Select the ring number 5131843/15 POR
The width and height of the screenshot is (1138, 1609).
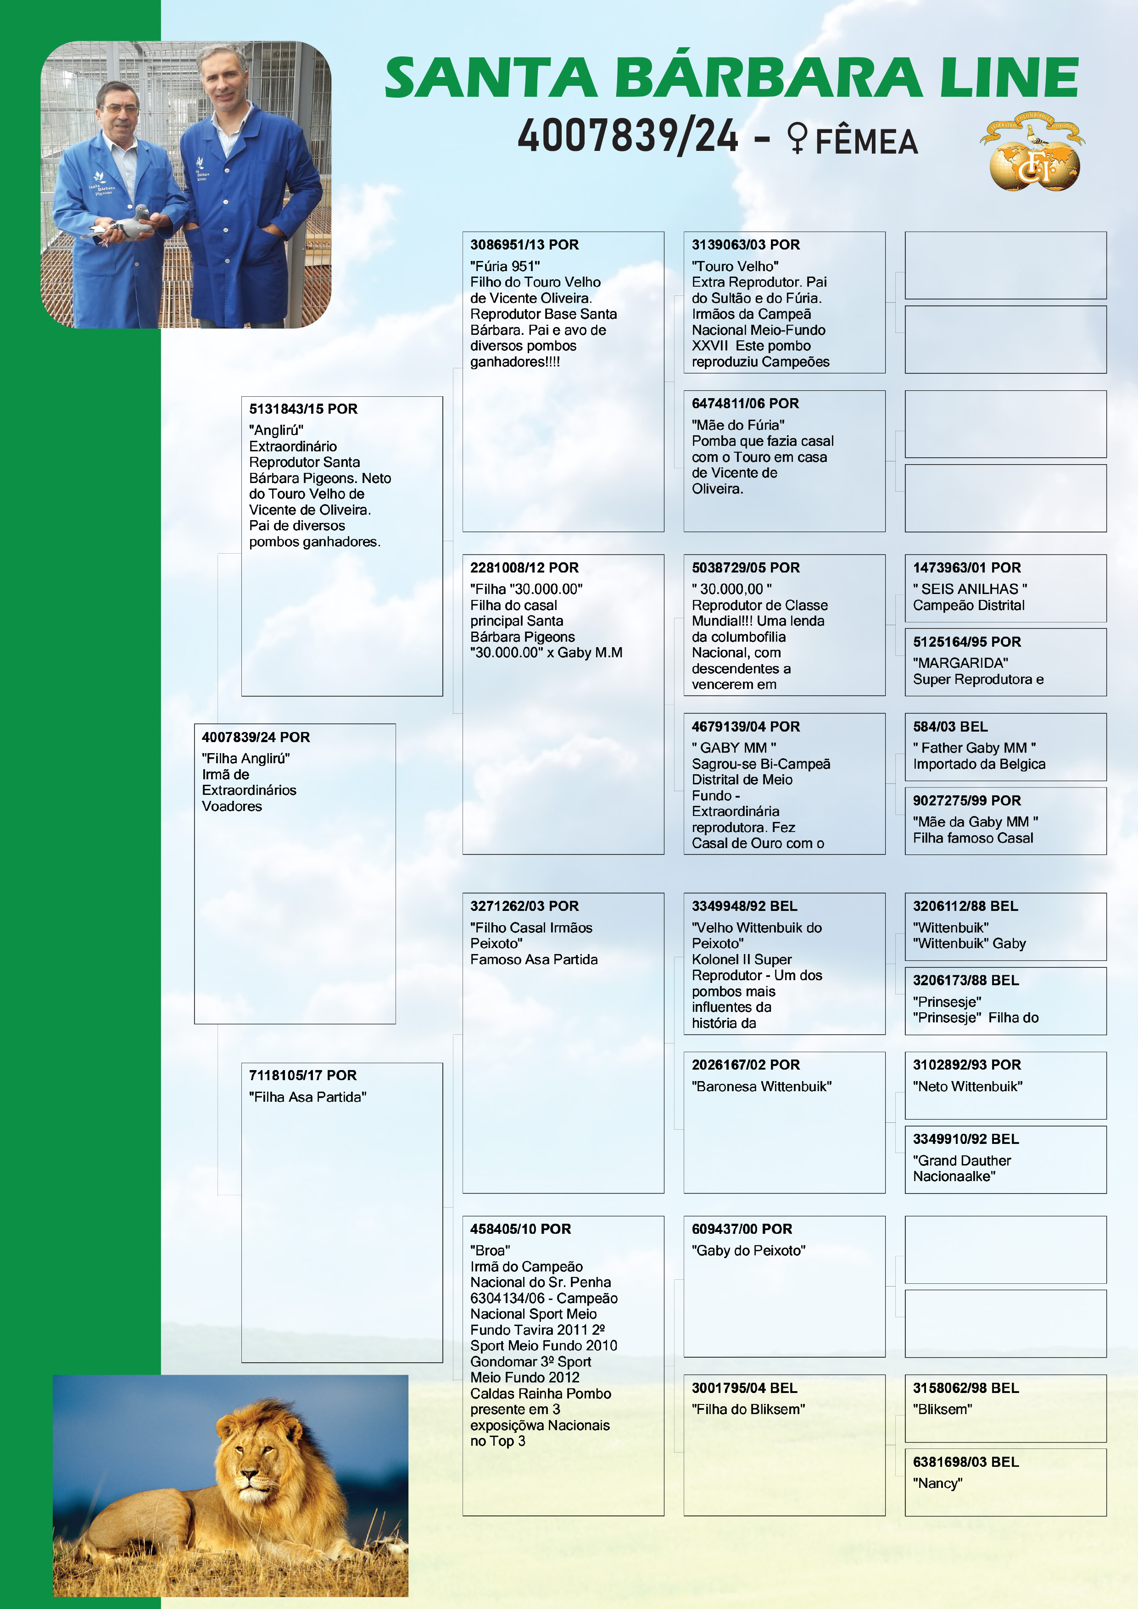tap(303, 409)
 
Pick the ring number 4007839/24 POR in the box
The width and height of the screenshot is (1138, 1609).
tap(255, 737)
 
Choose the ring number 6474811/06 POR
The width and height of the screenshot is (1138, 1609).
tap(745, 404)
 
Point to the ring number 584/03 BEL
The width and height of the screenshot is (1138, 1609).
tap(950, 727)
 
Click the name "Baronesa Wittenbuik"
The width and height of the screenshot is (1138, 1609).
tap(761, 1086)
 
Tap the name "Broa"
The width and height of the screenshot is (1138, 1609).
tap(490, 1250)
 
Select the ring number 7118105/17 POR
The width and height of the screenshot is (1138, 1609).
tap(303, 1075)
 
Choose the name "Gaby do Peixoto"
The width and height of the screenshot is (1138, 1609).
tap(748, 1250)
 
